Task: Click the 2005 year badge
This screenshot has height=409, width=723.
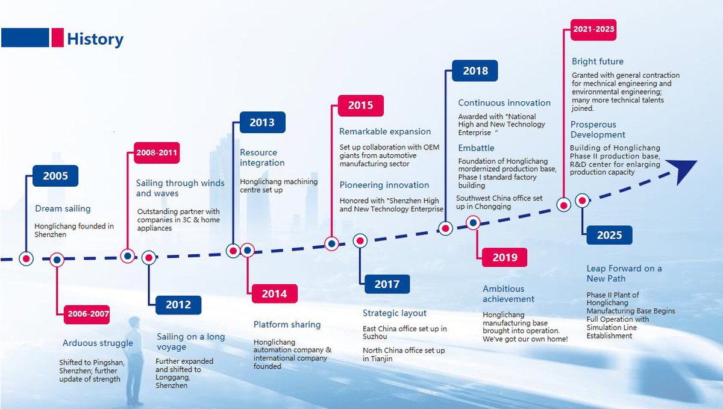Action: coord(55,176)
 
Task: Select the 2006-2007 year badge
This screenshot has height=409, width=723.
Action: coord(87,314)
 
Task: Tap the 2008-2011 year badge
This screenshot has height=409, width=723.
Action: coord(157,152)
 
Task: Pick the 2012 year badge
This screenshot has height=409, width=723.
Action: coord(178,305)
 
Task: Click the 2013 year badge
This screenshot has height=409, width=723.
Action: coord(263,122)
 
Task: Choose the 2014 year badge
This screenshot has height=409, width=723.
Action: coord(275,294)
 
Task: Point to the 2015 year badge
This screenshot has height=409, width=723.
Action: coord(361,105)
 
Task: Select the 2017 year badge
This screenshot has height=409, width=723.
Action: coord(387,284)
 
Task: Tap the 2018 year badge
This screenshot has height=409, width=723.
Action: coord(475,70)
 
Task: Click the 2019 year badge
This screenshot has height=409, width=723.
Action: coord(504,257)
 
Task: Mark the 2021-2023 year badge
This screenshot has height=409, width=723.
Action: coord(593,30)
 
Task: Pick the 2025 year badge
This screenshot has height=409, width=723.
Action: coord(609,235)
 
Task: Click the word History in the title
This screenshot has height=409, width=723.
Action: coord(95,39)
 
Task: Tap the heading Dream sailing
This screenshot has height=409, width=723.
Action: coord(63,208)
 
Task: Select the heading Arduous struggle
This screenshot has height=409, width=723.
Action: coord(98,343)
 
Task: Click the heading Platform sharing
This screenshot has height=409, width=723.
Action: coord(287,325)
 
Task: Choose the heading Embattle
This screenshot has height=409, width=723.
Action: coord(476,148)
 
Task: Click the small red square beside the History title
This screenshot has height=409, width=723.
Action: coord(57,37)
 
